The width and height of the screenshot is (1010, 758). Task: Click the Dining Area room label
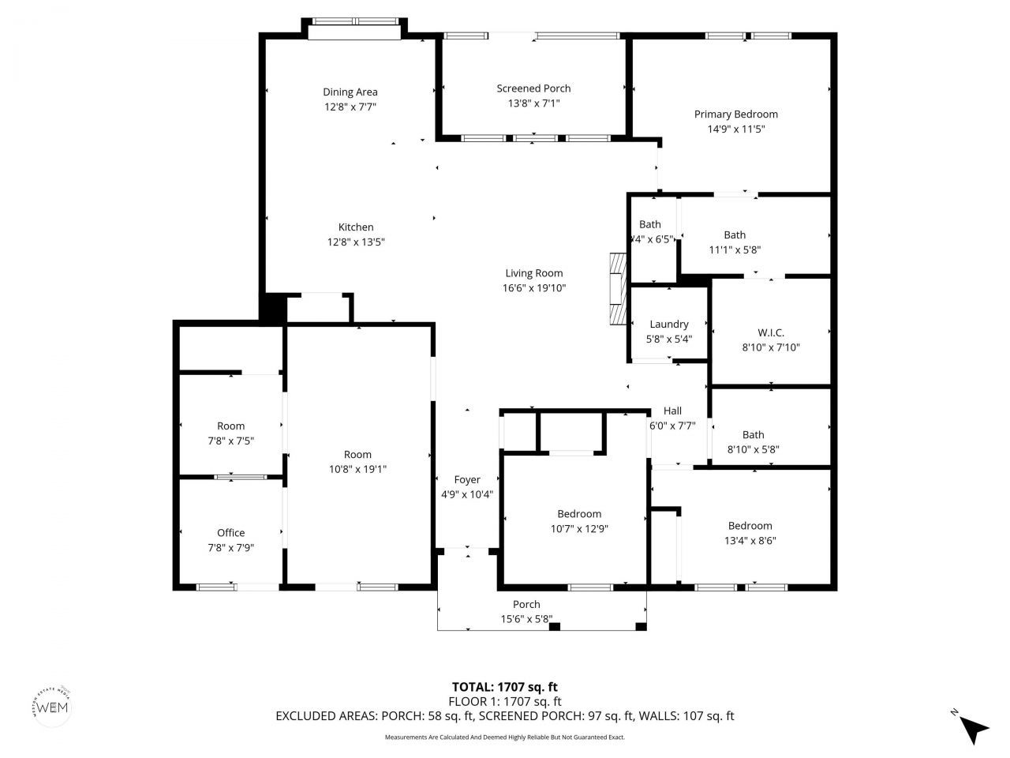pos(350,92)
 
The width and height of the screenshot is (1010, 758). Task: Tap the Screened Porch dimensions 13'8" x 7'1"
pos(533,103)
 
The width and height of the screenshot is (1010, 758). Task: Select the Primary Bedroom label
pos(735,114)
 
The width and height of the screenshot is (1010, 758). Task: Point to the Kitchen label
pos(356,227)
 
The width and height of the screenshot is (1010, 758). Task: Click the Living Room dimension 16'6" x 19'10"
pos(534,288)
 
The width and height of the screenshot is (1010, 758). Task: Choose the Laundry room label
pos(668,325)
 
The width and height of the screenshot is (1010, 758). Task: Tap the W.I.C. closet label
pos(770,333)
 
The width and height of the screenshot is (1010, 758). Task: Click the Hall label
pos(672,411)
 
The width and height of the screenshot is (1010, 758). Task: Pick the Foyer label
pos(467,480)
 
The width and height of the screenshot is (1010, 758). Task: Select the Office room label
pos(230,533)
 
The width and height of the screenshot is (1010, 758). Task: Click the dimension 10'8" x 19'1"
pos(357,469)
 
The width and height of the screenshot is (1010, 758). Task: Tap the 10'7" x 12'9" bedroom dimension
pos(579,529)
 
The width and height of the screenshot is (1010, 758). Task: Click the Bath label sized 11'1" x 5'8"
pos(735,235)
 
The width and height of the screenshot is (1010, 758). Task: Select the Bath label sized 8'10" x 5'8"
pos(753,435)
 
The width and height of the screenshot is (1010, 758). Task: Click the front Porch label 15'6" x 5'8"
pos(526,605)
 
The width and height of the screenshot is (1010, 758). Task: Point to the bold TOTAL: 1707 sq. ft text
pos(505,687)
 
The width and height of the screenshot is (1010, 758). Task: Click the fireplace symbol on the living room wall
pos(616,290)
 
